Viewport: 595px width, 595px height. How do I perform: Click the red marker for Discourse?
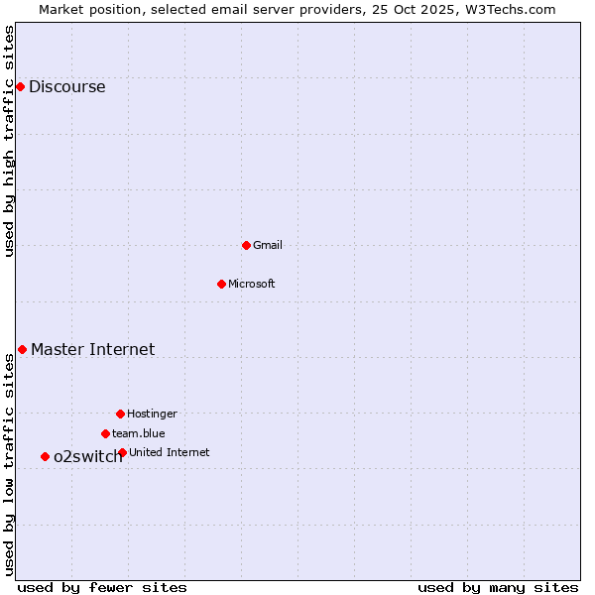pyautogui.click(x=20, y=86)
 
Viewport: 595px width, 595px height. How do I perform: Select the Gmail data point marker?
pyautogui.click(x=246, y=245)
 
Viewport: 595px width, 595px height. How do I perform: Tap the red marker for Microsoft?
pyautogui.click(x=221, y=284)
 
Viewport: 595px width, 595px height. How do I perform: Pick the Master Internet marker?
pyautogui.click(x=22, y=349)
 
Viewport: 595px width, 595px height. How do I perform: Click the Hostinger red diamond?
pyautogui.click(x=120, y=414)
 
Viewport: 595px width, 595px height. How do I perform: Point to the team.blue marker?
pyautogui.click(x=105, y=433)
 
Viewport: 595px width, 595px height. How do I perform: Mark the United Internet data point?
pyautogui.click(x=122, y=452)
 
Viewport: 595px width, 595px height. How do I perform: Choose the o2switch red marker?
pyautogui.click(x=45, y=456)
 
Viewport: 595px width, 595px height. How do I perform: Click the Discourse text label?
pyautogui.click(x=66, y=86)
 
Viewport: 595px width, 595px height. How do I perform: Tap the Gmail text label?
pyautogui.click(x=268, y=245)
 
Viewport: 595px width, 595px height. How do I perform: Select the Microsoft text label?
pyautogui.click(x=252, y=284)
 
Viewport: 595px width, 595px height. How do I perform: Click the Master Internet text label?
pyautogui.click(x=92, y=349)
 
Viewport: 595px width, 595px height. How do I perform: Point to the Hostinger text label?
pyautogui.click(x=152, y=414)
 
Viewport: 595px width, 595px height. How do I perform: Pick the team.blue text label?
pyautogui.click(x=139, y=433)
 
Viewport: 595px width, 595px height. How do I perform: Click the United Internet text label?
pyautogui.click(x=170, y=452)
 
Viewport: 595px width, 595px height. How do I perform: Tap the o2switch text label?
pyautogui.click(x=87, y=456)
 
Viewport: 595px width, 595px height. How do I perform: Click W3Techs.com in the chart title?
pyautogui.click(x=510, y=9)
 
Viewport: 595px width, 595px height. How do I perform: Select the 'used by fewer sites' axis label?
pyautogui.click(x=102, y=587)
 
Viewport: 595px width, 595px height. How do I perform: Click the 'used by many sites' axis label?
pyautogui.click(x=498, y=587)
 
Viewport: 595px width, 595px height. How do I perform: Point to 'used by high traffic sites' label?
pyautogui.click(x=9, y=140)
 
